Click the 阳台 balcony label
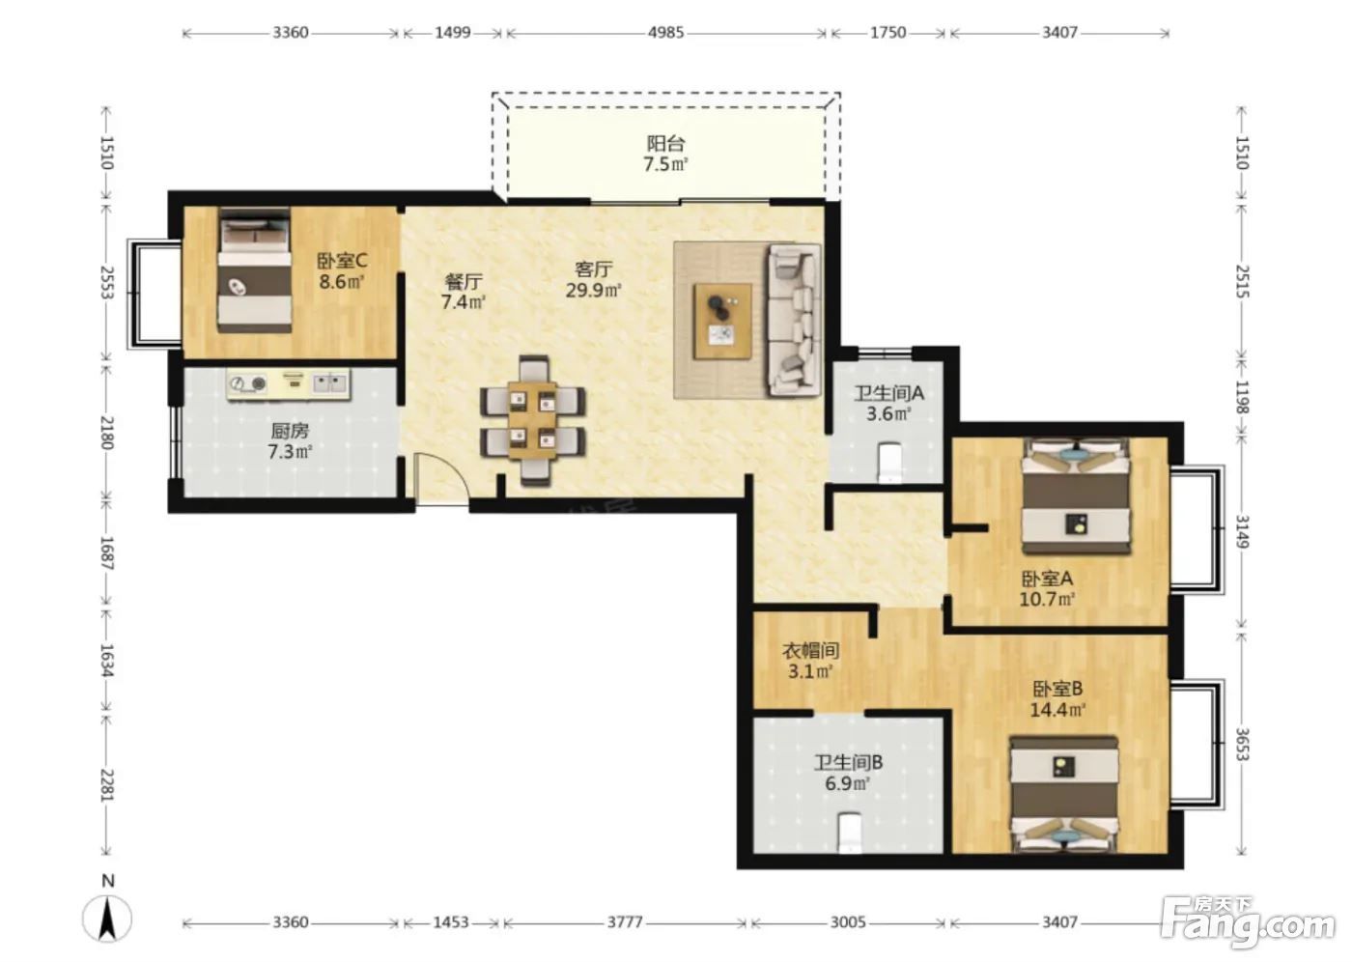coord(665,144)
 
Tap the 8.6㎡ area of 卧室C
coord(342,282)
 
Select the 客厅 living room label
coord(593,269)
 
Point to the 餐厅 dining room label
coord(464,281)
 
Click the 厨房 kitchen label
coord(290,431)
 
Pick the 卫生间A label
coord(888,393)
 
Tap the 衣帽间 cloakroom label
coord(810,651)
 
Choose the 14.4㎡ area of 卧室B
coord(1057,710)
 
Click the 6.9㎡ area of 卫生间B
coord(848,784)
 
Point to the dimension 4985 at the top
coord(665,33)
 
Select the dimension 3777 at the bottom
coord(625,921)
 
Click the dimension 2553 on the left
coord(106,282)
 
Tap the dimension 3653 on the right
coord(1241,744)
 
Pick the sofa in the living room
coord(794,320)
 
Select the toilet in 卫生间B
coord(851,833)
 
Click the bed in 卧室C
coord(255,269)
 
